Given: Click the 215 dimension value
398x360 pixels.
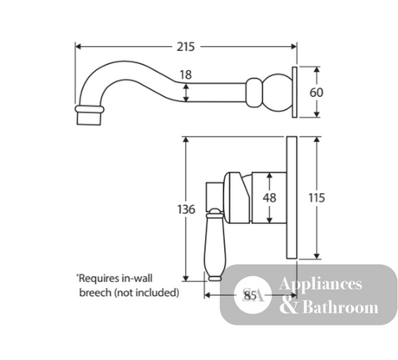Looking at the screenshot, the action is (186, 47).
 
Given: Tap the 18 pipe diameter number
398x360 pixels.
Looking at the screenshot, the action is (186, 75).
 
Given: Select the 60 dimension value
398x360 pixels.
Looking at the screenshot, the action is (316, 93).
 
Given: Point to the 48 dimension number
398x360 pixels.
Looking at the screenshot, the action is (269, 198).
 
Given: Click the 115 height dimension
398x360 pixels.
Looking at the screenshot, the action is (317, 198).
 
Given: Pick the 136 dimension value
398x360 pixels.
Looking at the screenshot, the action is (186, 209).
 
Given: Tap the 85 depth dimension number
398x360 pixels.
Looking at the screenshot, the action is (250, 295).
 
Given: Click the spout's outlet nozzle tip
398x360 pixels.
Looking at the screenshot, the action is (89, 119).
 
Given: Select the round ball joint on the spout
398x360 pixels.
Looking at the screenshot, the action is (279, 93).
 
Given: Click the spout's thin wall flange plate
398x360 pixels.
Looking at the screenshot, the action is (294, 93).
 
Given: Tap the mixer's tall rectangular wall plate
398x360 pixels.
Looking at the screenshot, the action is (292, 197).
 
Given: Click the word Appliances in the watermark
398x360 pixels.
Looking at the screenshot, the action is (320, 284).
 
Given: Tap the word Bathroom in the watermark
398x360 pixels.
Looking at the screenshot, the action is (340, 306).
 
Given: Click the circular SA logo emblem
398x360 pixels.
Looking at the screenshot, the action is (253, 295).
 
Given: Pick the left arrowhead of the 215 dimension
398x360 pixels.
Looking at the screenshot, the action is (79, 47).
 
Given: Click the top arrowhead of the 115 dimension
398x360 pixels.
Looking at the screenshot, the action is (317, 139).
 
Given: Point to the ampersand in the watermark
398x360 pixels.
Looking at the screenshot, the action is (289, 306).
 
